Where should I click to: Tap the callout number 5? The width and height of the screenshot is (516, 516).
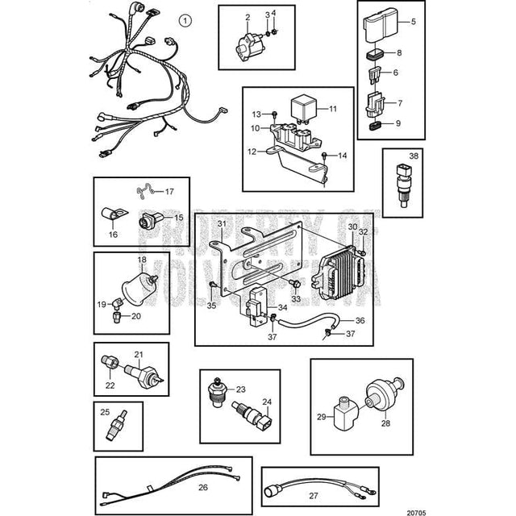[x=414, y=21]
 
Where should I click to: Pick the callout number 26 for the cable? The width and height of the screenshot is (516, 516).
[x=202, y=487]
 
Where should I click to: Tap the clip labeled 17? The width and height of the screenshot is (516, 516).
[x=145, y=193]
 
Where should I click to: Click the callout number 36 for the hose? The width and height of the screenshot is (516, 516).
[x=337, y=320]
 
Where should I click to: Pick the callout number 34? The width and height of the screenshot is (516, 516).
[x=281, y=308]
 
